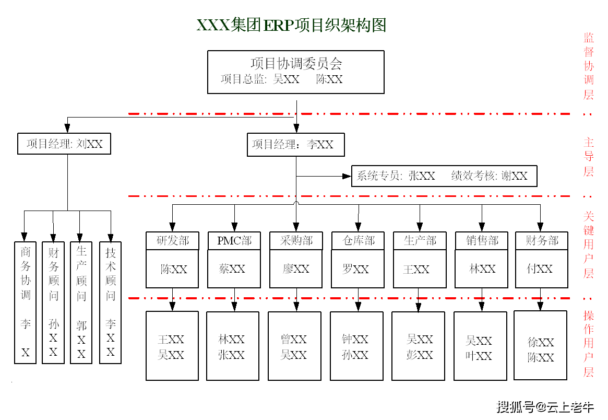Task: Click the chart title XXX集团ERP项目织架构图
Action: [291, 25]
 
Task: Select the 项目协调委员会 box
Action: [295, 72]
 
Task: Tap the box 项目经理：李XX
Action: [295, 145]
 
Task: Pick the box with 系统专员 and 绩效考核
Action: [444, 176]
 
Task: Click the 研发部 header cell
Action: [172, 241]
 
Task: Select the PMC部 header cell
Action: [234, 241]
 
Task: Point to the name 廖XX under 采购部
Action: [296, 269]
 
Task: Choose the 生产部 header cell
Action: [419, 241]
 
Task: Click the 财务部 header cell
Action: [541, 241]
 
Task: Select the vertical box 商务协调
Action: [26, 302]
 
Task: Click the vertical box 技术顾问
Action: [110, 302]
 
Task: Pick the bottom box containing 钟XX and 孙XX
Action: [356, 346]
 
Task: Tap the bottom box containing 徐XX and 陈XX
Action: [540, 345]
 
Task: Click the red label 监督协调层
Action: [589, 66]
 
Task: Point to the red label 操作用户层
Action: [589, 343]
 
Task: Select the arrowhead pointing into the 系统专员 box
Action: [347, 177]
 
